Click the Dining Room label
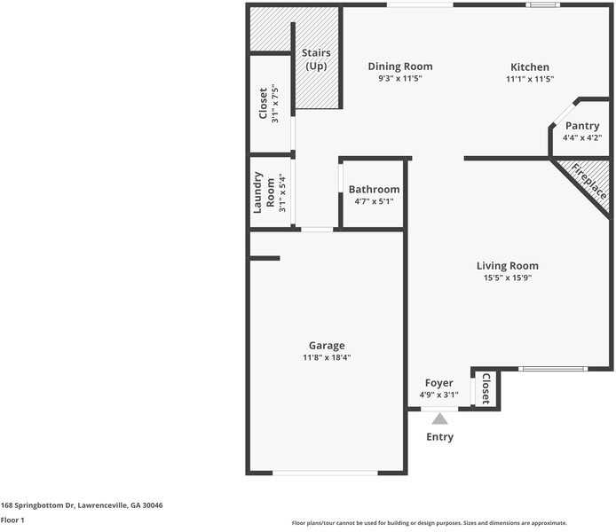[x=400, y=66]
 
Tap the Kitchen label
[x=530, y=67]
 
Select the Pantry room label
[x=582, y=126]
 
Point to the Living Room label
[x=507, y=265]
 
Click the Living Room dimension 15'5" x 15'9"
[x=507, y=278]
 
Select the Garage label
[x=327, y=345]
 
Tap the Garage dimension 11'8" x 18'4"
[x=327, y=357]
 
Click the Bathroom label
[x=374, y=189]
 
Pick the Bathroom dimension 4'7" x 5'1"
[x=374, y=201]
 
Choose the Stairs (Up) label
[x=317, y=59]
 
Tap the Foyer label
[x=438, y=383]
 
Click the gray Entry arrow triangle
[x=440, y=419]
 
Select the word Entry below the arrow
[x=440, y=436]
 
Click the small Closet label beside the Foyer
[x=486, y=388]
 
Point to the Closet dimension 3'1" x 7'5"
[x=275, y=104]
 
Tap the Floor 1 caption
[x=12, y=520]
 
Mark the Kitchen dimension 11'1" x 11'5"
[x=530, y=79]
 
